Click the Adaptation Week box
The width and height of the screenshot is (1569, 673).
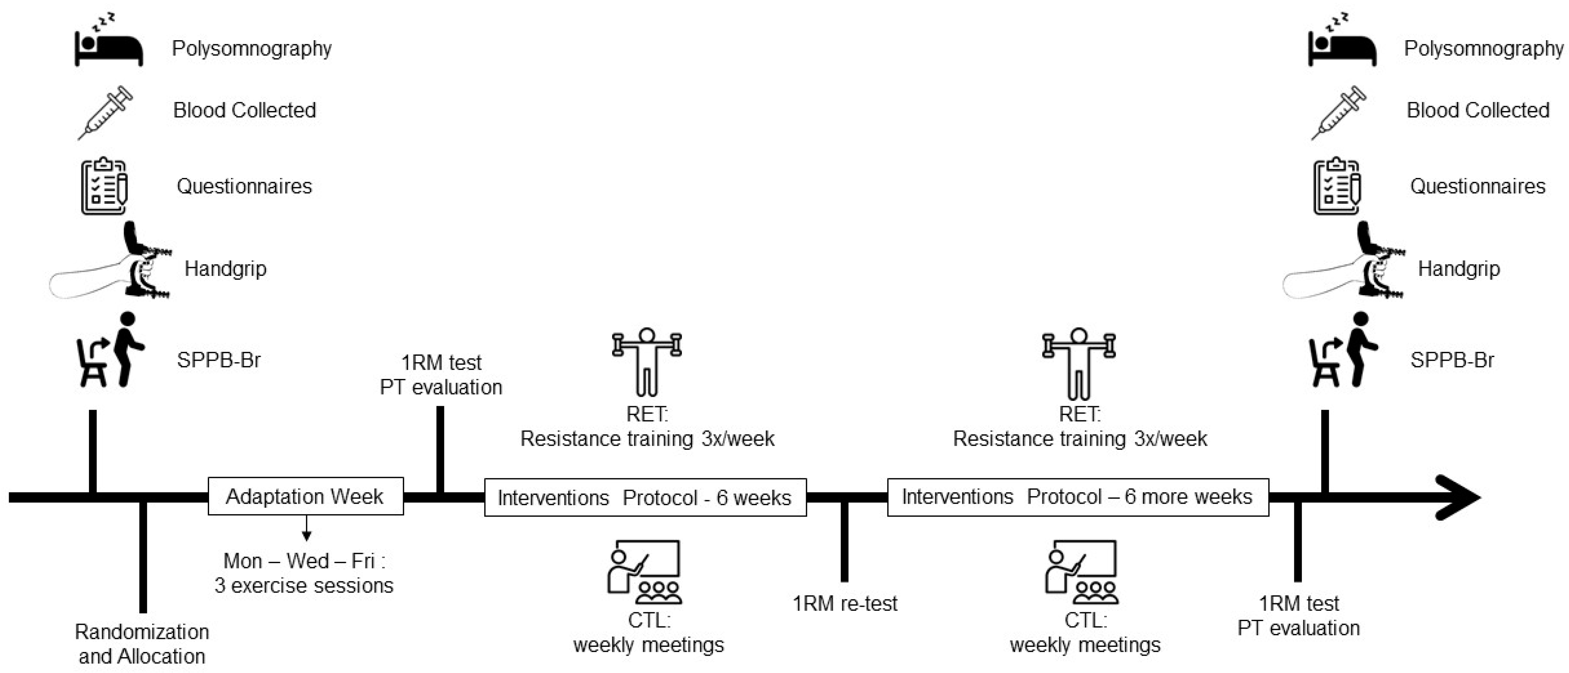305,496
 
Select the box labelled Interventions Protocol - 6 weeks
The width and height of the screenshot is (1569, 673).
645,498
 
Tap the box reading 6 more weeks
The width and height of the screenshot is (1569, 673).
1077,497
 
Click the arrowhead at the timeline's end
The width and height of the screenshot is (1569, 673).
1459,497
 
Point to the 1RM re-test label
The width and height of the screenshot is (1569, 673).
845,604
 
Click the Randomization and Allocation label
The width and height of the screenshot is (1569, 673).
142,644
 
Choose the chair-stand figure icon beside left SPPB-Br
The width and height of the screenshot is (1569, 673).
109,351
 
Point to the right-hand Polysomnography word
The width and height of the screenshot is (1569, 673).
1483,49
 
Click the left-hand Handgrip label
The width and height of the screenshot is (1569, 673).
225,269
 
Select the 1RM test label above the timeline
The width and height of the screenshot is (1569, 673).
441,363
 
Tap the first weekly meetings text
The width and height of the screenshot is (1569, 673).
648,644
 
